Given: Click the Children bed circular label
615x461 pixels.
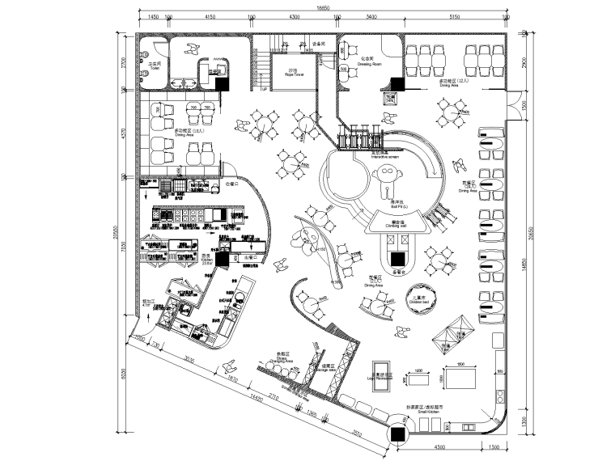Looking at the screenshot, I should [418, 301].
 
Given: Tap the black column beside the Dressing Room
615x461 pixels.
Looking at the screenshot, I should [397, 83].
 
